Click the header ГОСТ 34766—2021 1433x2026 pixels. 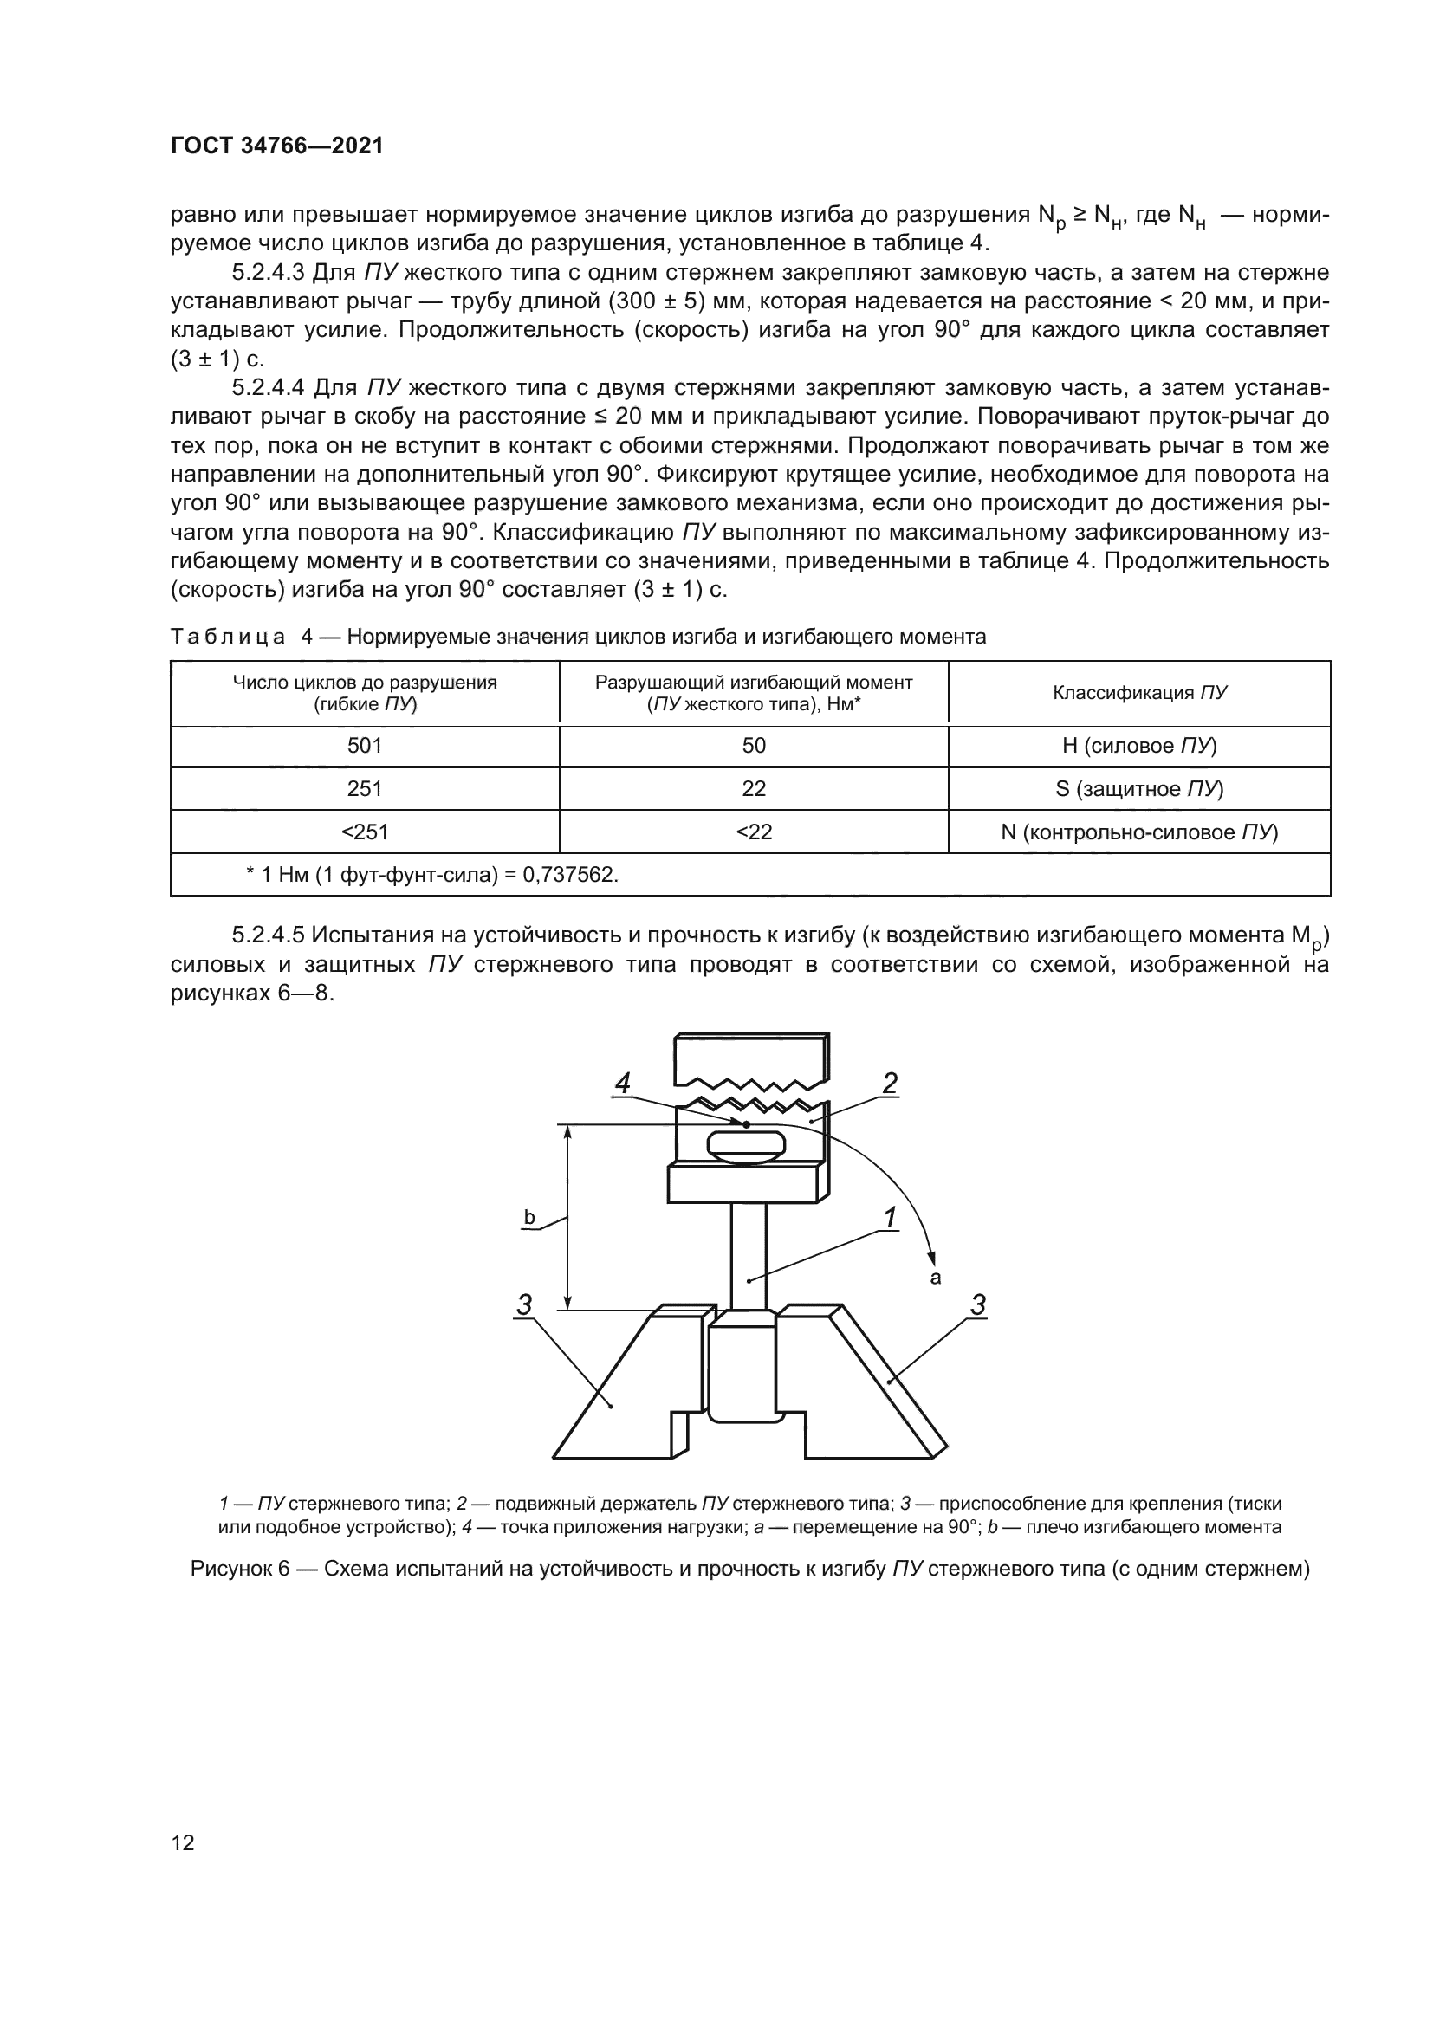coord(276,146)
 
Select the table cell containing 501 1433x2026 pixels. coord(365,746)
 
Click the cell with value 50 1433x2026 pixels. coord(754,746)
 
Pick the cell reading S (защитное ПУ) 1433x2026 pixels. coord(1139,789)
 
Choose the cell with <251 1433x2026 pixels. coord(365,832)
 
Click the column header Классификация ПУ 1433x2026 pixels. coord(1139,693)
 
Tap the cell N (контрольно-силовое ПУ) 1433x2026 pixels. coord(1139,832)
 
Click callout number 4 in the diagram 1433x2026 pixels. coord(623,1084)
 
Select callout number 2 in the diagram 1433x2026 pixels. coord(890,1084)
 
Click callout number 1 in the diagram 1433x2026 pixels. coord(892,1218)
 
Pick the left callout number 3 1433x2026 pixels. coord(524,1305)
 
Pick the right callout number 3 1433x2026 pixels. coord(977,1305)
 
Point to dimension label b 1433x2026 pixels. coord(529,1219)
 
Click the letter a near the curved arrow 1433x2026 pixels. coord(937,1277)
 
